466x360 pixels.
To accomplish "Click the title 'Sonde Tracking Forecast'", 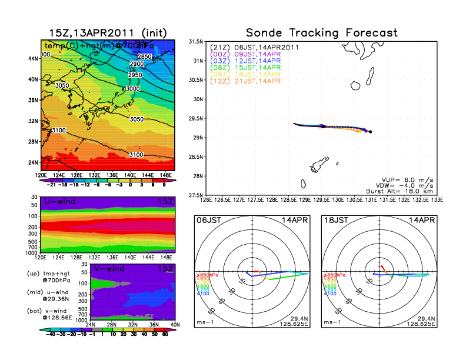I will [x=321, y=33].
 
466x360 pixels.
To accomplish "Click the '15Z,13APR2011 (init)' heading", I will [x=108, y=33].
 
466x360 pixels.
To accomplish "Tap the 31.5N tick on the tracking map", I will [x=196, y=42].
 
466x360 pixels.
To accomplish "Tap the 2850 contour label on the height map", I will [x=144, y=56].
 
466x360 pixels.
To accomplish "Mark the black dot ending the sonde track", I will [x=370, y=132].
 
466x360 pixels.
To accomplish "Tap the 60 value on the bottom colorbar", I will [x=165, y=334].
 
